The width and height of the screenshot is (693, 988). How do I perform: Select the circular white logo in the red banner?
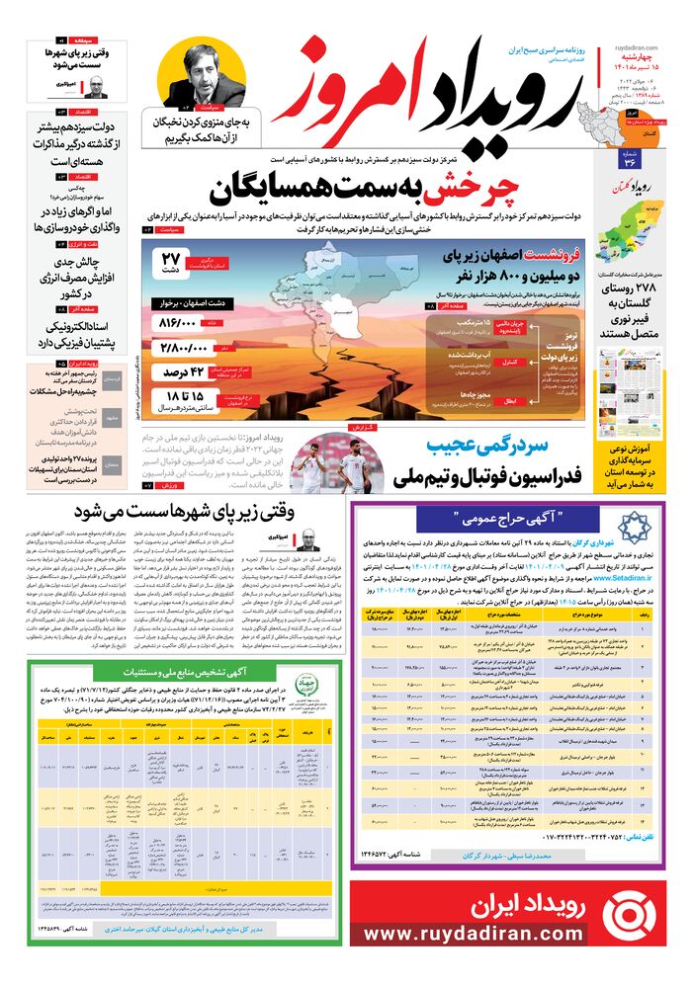(x=628, y=913)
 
